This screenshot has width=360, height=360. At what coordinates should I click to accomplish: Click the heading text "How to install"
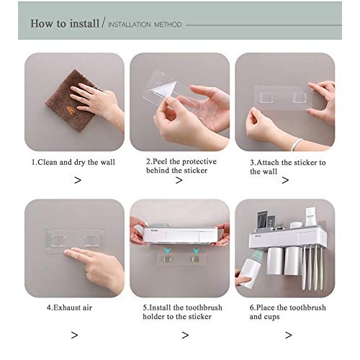click(64, 23)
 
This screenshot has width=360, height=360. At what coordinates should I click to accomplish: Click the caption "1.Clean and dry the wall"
click(73, 162)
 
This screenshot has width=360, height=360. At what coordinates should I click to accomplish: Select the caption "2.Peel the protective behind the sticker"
click(181, 166)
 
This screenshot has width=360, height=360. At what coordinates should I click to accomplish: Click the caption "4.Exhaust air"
click(69, 307)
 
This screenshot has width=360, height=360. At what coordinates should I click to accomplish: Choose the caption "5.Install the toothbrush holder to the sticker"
click(181, 311)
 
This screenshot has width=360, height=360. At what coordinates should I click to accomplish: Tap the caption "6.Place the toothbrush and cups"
click(287, 311)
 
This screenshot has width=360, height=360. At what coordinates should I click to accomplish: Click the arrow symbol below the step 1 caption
click(77, 180)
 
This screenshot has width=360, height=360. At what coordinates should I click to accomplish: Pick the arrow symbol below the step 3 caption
click(285, 180)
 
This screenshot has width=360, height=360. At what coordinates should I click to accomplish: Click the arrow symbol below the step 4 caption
click(74, 335)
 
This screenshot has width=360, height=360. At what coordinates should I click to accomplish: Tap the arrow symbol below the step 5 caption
click(185, 335)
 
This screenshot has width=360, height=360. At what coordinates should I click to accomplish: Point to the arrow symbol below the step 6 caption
click(288, 335)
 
